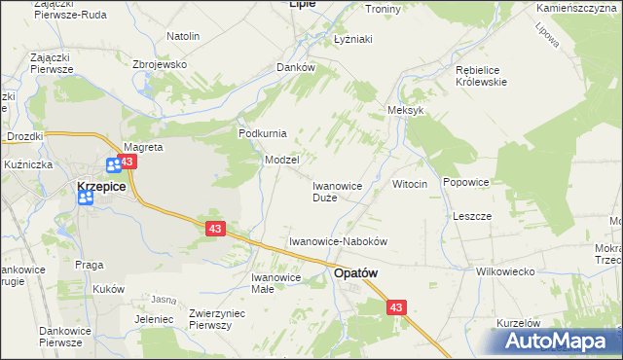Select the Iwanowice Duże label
click(337, 191)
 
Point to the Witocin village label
click(410, 185)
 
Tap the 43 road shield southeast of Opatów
click(396, 307)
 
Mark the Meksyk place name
click(407, 111)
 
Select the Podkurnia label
click(261, 133)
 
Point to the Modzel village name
click(281, 159)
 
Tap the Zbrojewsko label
click(159, 64)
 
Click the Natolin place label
click(183, 36)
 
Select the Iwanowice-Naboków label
click(339, 240)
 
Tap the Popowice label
click(465, 182)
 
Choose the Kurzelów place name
click(518, 322)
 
